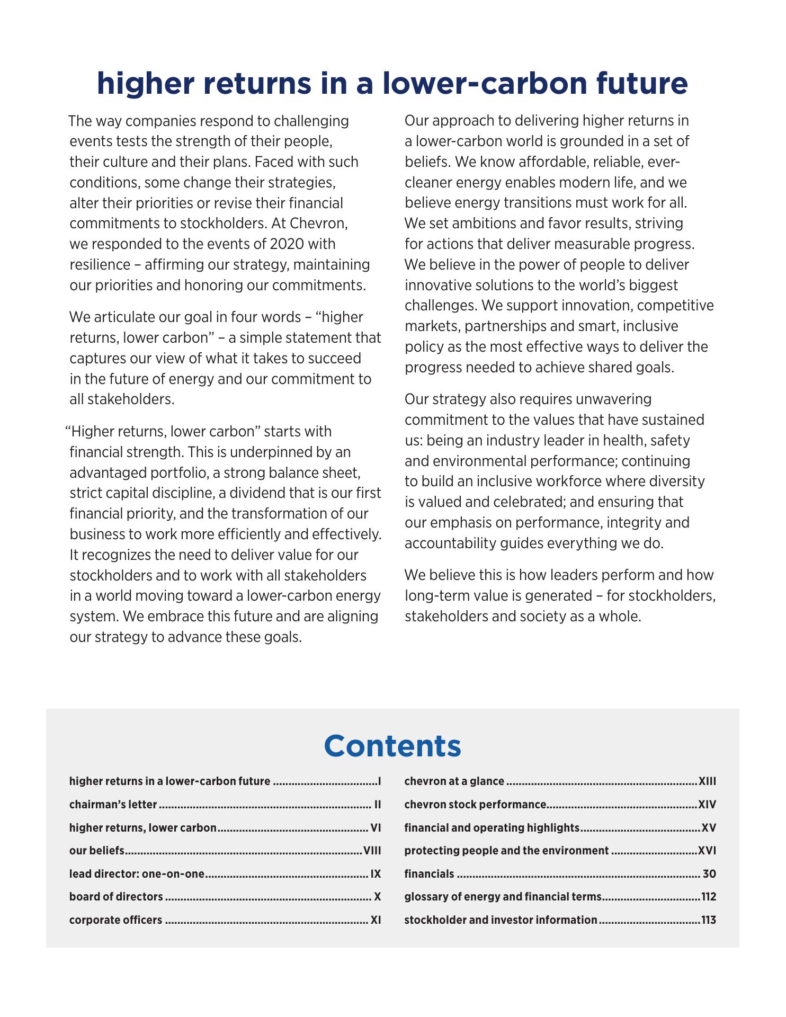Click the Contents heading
click(392, 745)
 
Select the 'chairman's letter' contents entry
click(113, 805)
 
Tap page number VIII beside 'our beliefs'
click(372, 851)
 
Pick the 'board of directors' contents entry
click(116, 897)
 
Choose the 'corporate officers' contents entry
click(115, 920)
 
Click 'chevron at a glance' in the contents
click(454, 781)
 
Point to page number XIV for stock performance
click(707, 805)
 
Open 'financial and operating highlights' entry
click(492, 827)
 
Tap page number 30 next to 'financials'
click(709, 874)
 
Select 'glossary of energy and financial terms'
click(503, 897)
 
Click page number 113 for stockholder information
click(708, 920)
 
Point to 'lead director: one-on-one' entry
click(137, 874)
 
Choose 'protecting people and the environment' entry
click(506, 851)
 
